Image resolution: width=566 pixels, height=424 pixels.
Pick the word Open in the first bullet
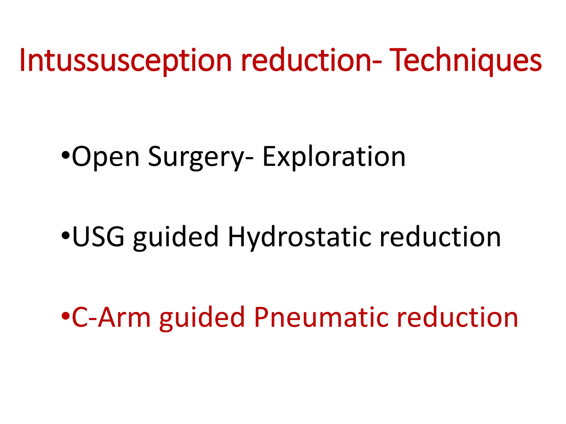pyautogui.click(x=106, y=157)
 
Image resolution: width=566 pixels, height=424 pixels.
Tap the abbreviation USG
pyautogui.click(x=98, y=237)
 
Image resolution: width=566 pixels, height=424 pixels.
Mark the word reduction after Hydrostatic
pyautogui.click(x=440, y=237)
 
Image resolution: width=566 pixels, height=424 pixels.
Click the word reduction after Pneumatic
pyautogui.click(x=457, y=317)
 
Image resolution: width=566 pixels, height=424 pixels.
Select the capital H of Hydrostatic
pyautogui.click(x=238, y=237)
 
